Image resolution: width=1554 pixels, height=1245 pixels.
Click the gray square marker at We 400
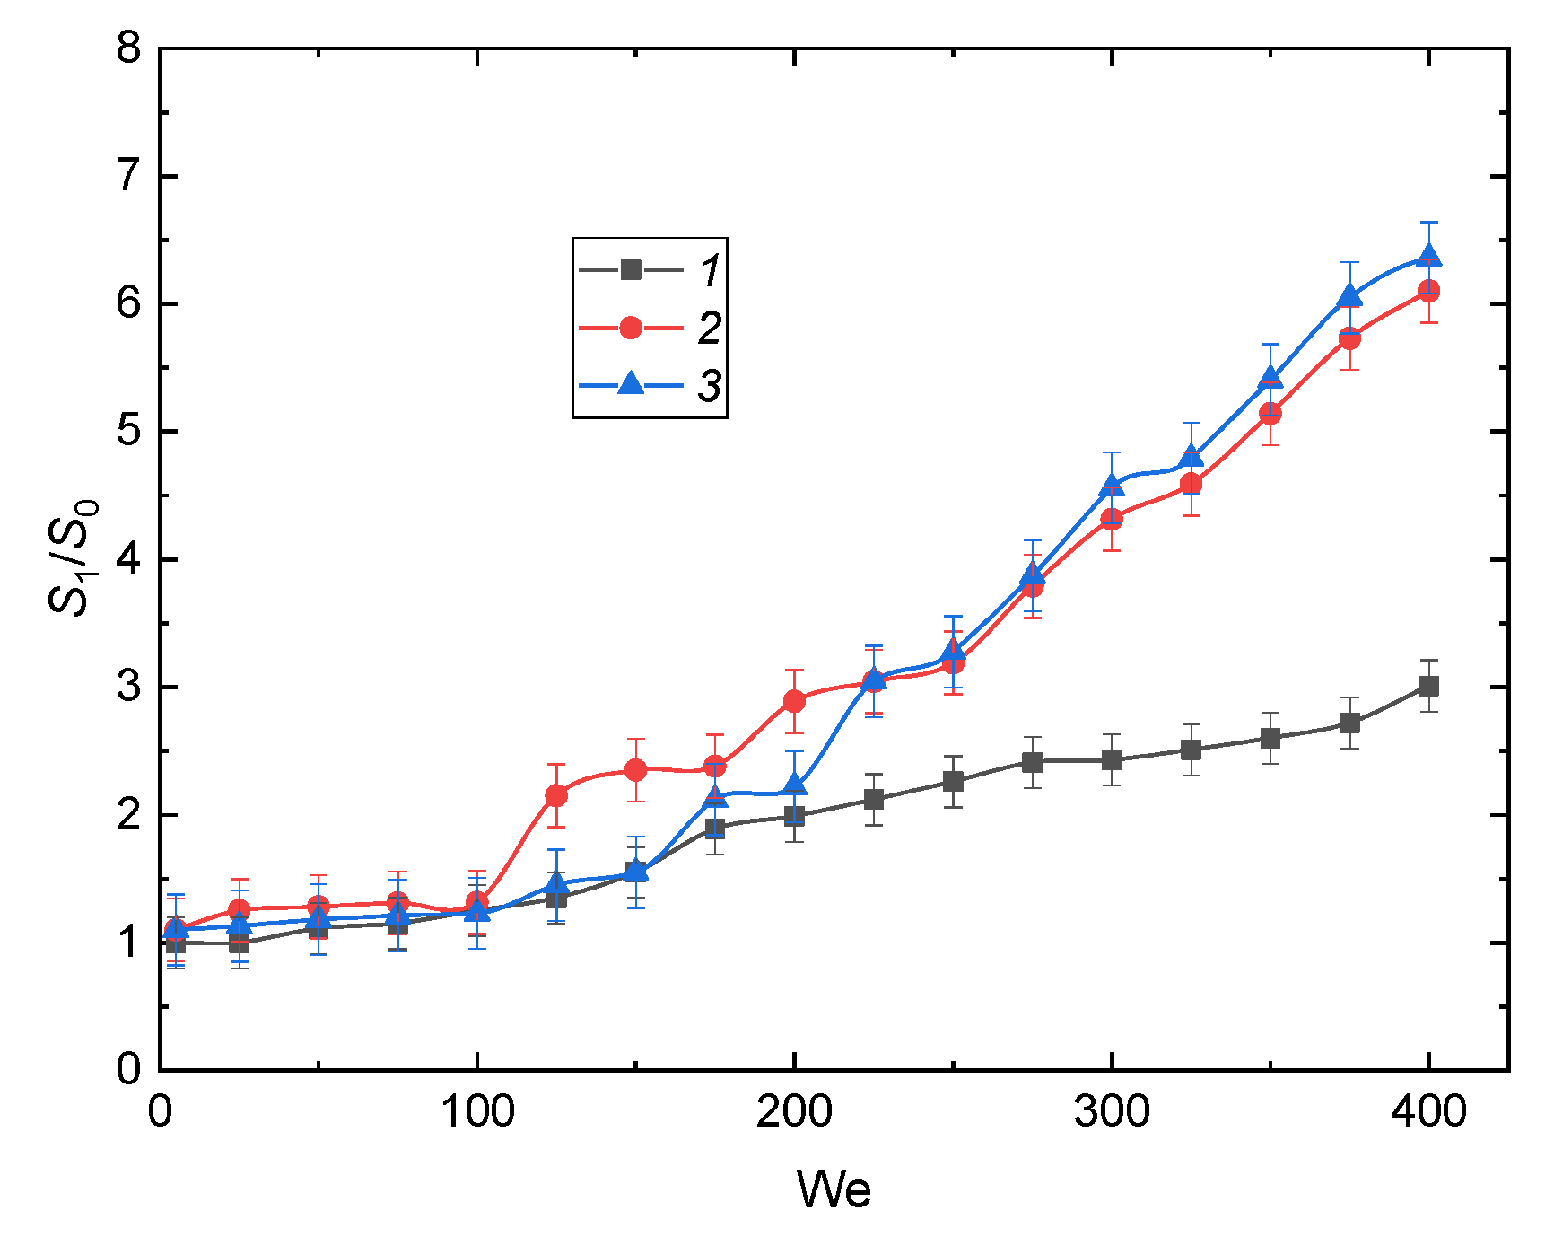point(1428,687)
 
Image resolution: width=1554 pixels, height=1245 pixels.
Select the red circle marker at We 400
point(1428,291)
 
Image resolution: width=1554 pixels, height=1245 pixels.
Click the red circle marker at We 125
point(556,795)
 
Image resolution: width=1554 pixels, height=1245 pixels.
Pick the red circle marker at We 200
point(794,701)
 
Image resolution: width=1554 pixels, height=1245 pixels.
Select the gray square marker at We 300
point(1112,760)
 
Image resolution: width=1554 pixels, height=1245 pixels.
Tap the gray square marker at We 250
point(953,782)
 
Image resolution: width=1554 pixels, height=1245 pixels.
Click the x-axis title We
point(834,1190)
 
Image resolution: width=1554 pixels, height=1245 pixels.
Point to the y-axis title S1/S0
point(72,557)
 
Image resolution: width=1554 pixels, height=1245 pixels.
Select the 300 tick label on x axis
point(1112,1112)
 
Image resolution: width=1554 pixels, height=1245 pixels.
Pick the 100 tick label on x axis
point(476,1112)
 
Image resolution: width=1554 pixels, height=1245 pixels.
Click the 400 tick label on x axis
point(1428,1112)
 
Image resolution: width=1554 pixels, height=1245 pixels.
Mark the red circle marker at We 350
point(1270,414)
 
